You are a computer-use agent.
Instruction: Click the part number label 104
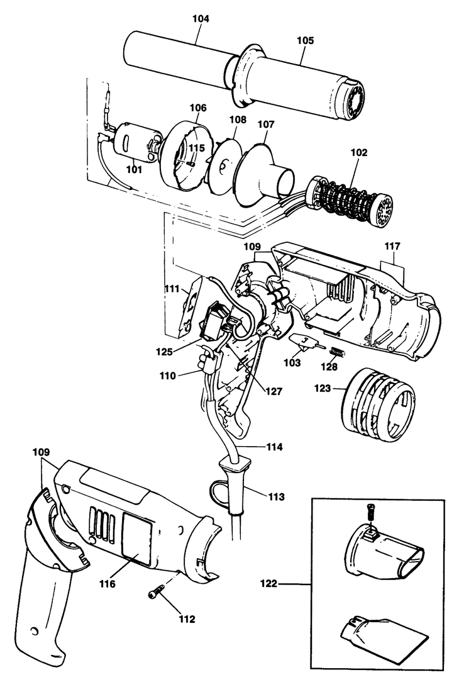point(201,18)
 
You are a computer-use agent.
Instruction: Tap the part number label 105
point(305,40)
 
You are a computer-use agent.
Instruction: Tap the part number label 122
point(268,583)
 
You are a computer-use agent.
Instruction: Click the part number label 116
point(108,583)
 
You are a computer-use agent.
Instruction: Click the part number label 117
point(392,246)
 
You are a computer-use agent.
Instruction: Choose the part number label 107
point(265,124)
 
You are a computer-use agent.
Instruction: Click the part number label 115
point(197,148)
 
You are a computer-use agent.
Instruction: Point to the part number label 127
point(274,391)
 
